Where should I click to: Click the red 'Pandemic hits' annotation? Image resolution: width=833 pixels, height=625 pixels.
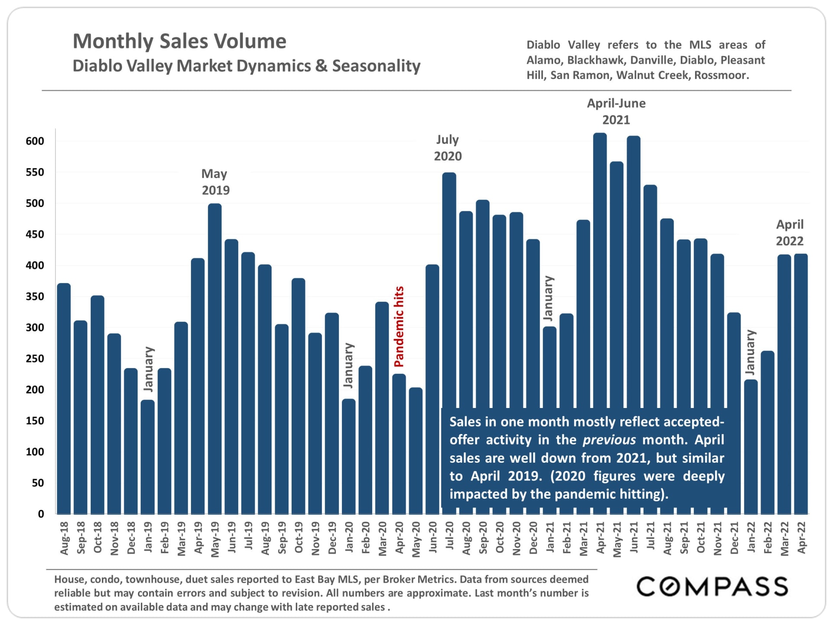tap(399, 326)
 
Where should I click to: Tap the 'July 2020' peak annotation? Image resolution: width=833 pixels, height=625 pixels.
tap(448, 148)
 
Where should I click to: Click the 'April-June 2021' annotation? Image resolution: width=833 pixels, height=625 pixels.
tap(616, 112)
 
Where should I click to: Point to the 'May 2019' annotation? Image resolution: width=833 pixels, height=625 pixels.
tap(215, 182)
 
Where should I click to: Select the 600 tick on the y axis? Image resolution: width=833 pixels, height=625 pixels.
tap(35, 141)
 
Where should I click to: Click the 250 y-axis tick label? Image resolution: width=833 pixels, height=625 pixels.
tap(35, 359)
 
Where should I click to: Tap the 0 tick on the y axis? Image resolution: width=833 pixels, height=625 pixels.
tap(41, 514)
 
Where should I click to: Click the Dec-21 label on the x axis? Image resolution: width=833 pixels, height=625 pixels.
tap(734, 538)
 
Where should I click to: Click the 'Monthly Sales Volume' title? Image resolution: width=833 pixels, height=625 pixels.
tap(179, 41)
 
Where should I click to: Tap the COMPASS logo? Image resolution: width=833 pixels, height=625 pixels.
tap(712, 587)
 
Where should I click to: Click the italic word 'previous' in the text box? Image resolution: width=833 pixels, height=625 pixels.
tap(609, 440)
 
